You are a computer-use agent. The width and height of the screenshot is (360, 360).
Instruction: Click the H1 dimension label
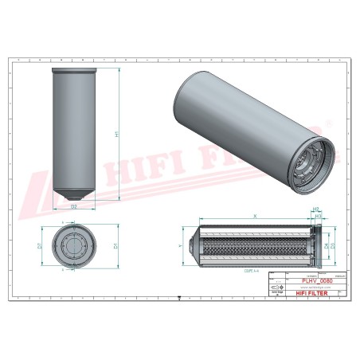click(117, 135)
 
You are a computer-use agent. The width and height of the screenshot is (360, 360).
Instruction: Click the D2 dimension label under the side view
click(74, 205)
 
